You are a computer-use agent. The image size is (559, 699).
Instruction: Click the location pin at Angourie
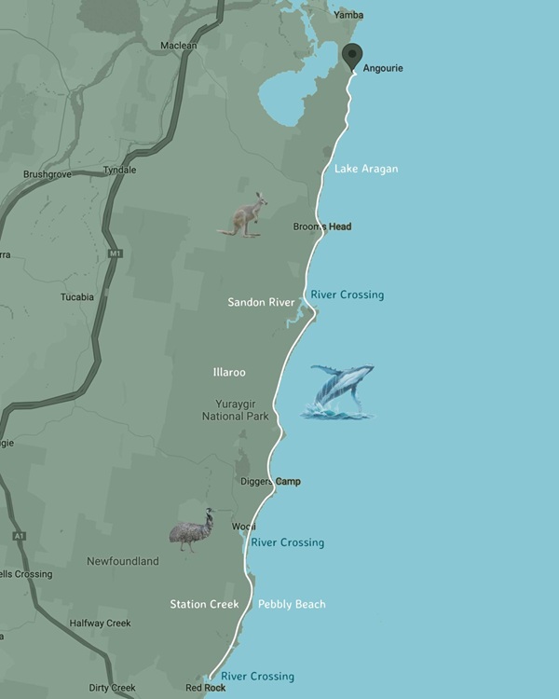click(352, 57)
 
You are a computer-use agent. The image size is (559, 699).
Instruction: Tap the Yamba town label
click(349, 15)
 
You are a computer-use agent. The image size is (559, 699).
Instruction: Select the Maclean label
click(179, 46)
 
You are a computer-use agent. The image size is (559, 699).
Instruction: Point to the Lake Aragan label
click(366, 169)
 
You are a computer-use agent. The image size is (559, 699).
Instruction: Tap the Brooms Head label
click(322, 226)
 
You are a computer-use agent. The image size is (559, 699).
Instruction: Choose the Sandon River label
click(261, 302)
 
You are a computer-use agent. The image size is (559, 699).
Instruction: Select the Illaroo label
click(229, 373)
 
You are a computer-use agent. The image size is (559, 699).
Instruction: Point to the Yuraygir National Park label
click(236, 410)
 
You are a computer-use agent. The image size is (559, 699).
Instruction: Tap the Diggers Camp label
click(271, 482)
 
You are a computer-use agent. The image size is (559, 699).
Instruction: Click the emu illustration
click(193, 530)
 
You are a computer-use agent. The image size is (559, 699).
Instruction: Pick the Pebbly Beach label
click(292, 605)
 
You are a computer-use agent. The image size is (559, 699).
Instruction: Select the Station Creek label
click(204, 605)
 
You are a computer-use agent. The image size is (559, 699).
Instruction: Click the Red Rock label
click(206, 688)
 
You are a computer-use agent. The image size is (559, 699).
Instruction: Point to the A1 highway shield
click(20, 536)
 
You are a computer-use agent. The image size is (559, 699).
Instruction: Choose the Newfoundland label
click(123, 562)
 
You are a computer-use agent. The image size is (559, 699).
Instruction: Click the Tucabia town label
click(77, 297)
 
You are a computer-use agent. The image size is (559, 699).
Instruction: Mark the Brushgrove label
click(48, 174)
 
